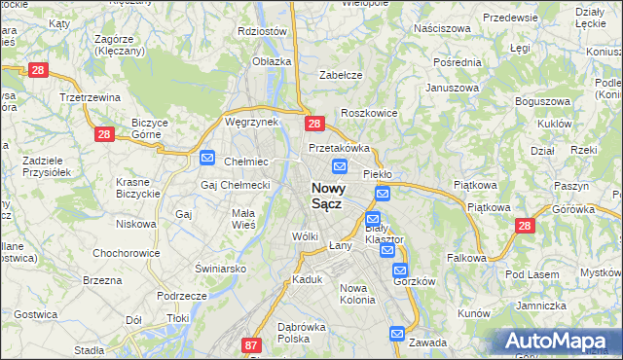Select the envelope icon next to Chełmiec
[x=207, y=157]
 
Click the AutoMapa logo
[x=558, y=341]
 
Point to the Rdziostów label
[x=263, y=30]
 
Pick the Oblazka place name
[x=272, y=61]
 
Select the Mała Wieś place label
[x=243, y=218]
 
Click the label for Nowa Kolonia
[x=357, y=294]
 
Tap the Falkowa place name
[x=466, y=258]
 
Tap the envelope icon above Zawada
[x=397, y=334]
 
